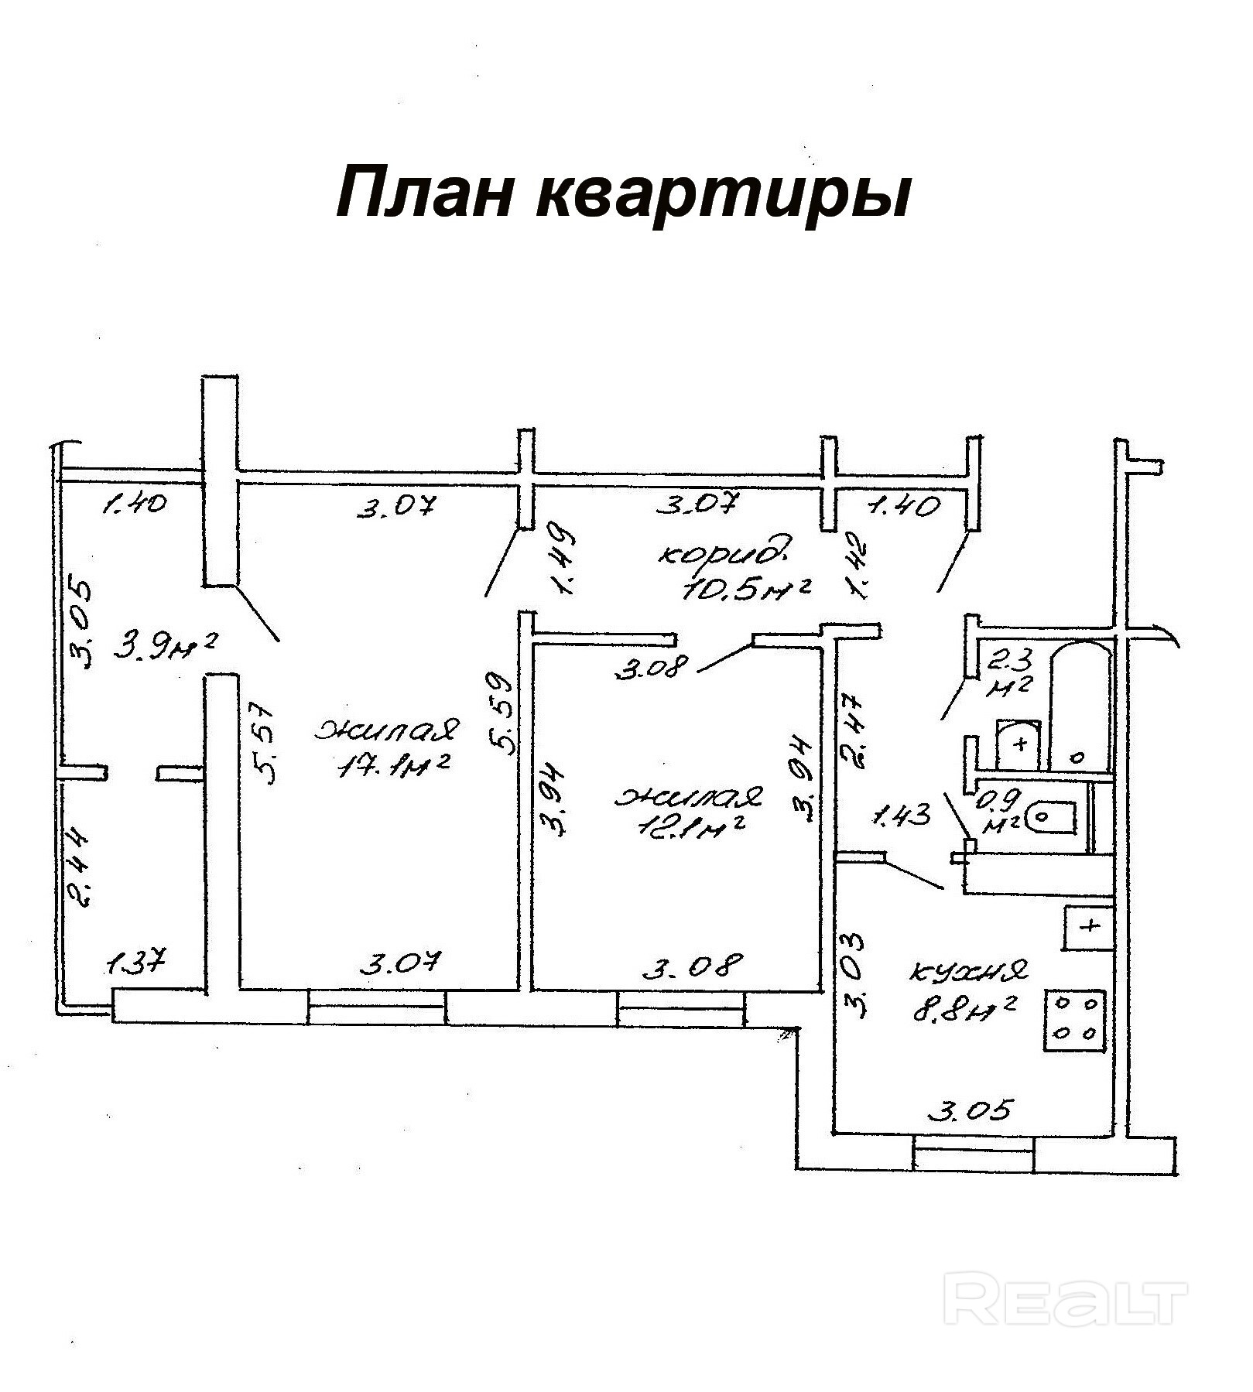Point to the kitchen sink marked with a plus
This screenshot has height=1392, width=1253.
1089,927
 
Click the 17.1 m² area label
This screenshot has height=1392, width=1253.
395,764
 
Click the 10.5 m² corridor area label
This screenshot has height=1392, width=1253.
746,590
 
